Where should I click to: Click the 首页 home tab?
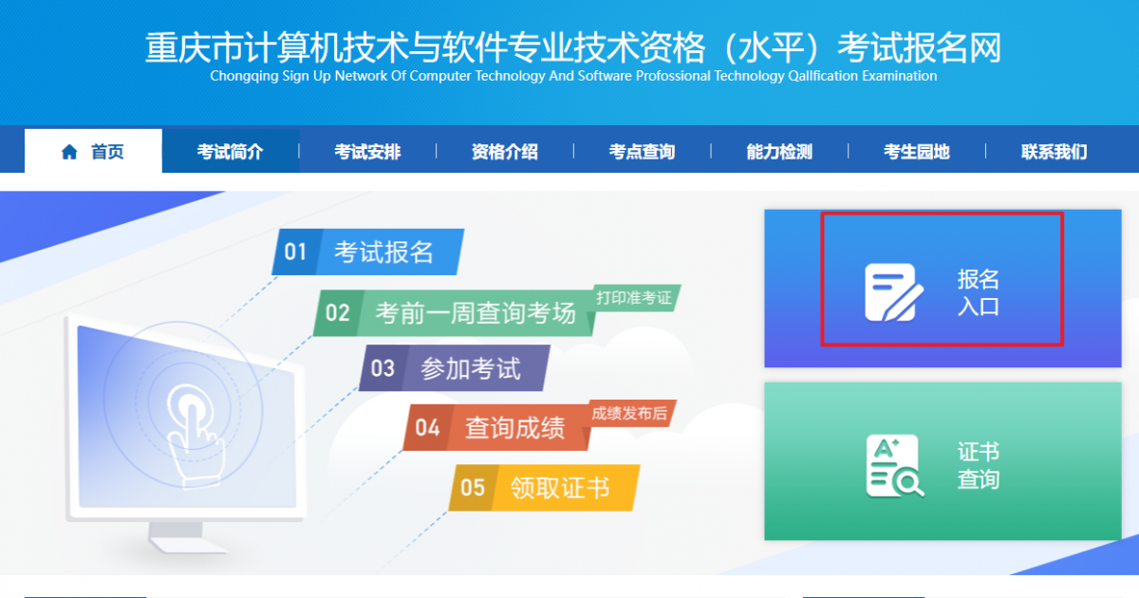94,151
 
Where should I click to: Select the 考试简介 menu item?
231,152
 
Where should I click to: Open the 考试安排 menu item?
367,152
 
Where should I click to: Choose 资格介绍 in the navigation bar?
505,152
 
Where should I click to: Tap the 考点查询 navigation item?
643,152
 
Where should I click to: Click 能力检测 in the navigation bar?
779,152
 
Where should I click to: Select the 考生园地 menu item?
917,152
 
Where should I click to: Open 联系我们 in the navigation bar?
1055,152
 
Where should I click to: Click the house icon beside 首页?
69,152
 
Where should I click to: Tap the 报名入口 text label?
979,292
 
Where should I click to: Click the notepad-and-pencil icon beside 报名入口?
894,292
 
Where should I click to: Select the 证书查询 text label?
979,465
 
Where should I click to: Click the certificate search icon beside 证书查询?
895,465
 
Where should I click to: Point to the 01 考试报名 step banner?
368,252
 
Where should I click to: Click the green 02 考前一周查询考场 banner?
454,312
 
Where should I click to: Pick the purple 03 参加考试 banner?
455,368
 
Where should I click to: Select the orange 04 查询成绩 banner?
496,427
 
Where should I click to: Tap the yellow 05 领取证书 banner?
544,487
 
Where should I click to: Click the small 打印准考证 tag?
634,297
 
